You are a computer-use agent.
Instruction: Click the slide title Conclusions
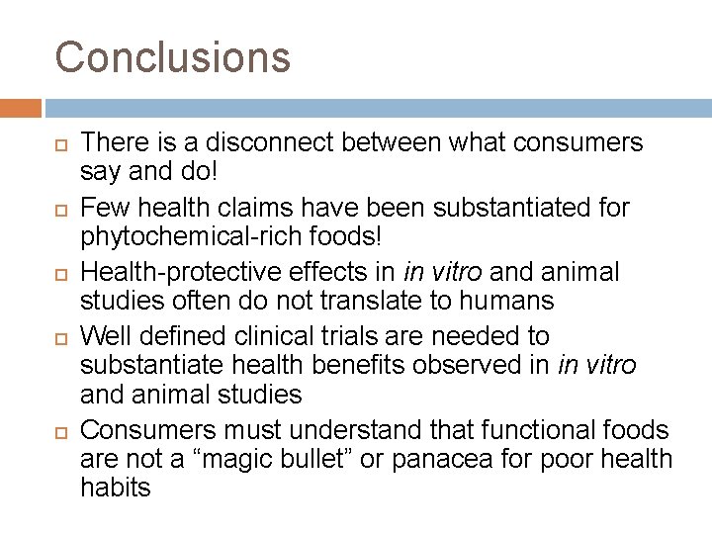[x=173, y=56]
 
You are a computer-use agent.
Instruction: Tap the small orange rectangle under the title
[x=21, y=107]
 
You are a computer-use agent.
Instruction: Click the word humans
[x=501, y=299]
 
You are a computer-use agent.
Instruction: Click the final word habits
[x=116, y=487]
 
